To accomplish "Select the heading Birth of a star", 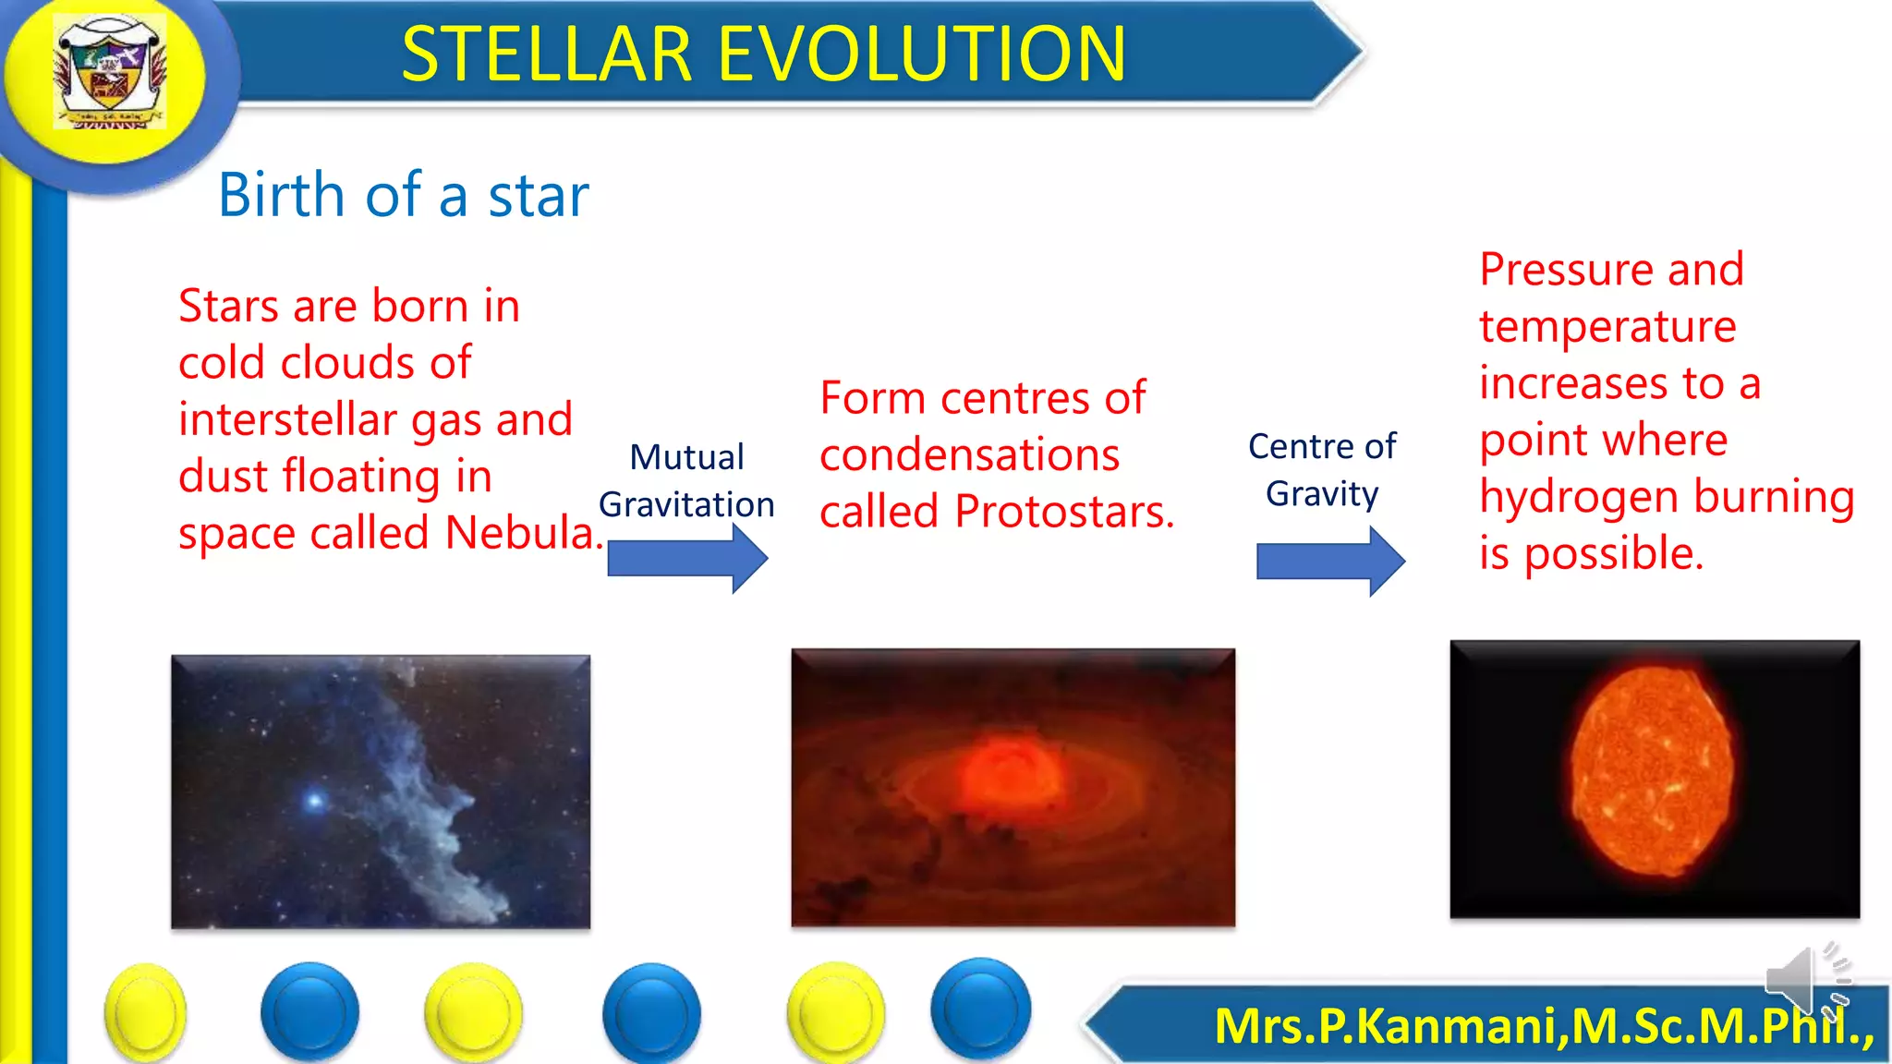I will [403, 195].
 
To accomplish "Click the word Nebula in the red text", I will [522, 533].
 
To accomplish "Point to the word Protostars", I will [1063, 512].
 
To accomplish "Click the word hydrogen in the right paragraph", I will [1566, 498].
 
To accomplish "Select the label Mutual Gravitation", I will [686, 480].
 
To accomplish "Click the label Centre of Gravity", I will [1322, 469].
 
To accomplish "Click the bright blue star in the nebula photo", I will [315, 800].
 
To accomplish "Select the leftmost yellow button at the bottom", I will [145, 1012].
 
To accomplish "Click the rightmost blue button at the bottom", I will [980, 1008].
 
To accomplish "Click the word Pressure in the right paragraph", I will [1565, 270].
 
